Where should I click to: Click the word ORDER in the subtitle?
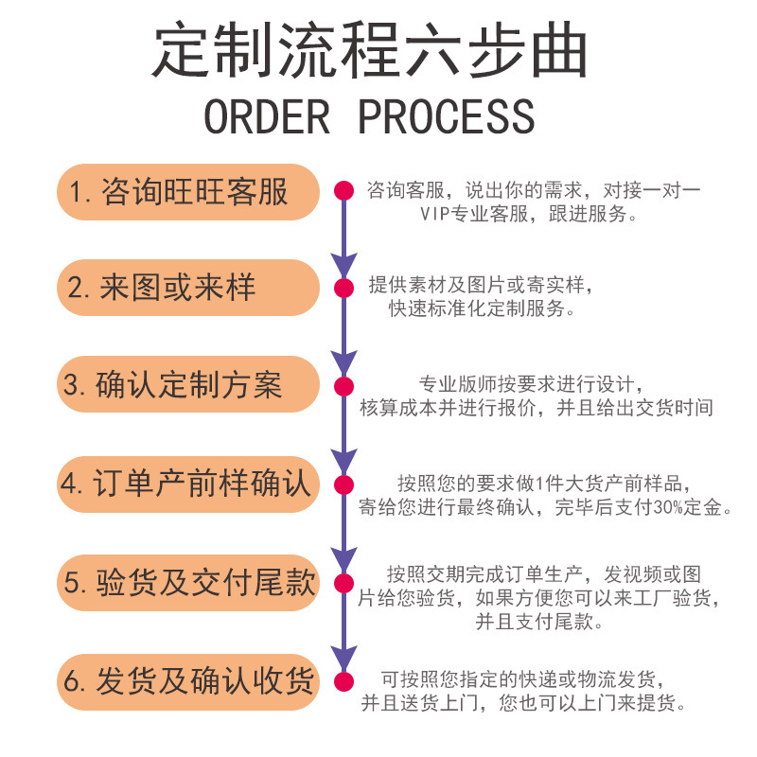coord(267,115)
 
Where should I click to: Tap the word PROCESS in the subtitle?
coord(447,115)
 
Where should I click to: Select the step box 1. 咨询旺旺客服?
coord(187,192)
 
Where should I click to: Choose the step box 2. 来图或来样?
coord(187,288)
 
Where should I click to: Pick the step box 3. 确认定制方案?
coord(187,385)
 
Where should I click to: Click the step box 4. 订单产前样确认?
coord(187,484)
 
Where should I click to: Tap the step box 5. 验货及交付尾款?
coord(187,582)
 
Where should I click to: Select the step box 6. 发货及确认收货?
coord(187,681)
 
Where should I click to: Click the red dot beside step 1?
coord(343,192)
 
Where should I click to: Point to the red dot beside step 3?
coord(343,385)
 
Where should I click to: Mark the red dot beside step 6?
coord(343,681)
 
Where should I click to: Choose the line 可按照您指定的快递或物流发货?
coord(528,680)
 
